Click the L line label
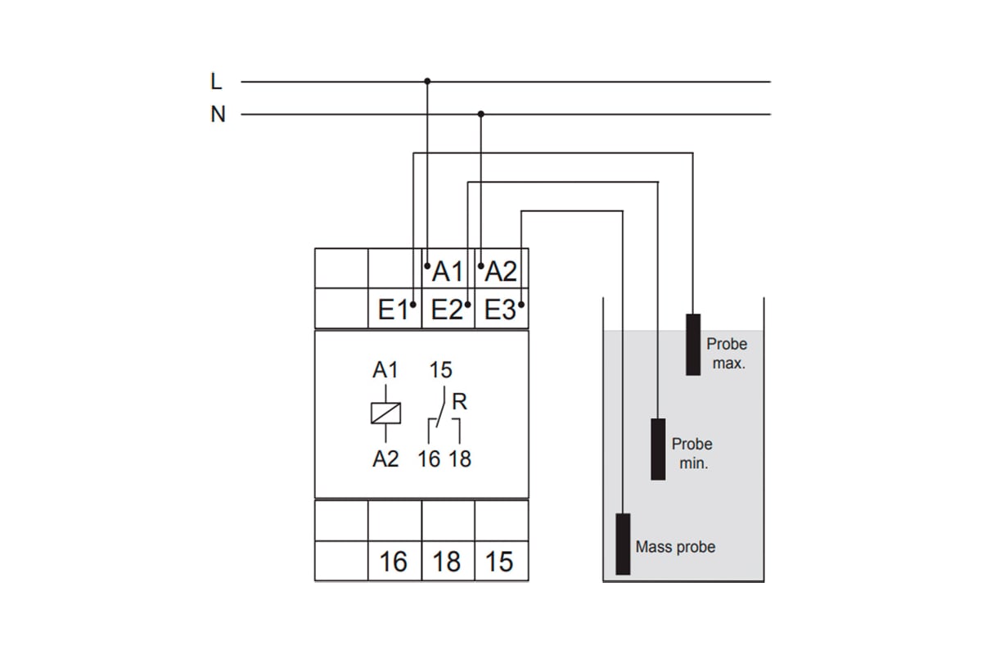click(x=216, y=82)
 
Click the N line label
click(x=218, y=115)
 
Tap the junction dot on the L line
click(x=427, y=81)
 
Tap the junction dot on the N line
click(x=481, y=114)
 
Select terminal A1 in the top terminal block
click(x=448, y=270)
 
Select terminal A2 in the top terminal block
click(x=501, y=270)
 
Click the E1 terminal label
click(x=394, y=310)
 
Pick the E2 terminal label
click(x=447, y=310)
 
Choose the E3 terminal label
click(x=500, y=310)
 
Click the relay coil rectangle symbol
click(x=385, y=413)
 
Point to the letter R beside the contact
click(x=459, y=402)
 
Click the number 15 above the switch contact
click(x=440, y=370)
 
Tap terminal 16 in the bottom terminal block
click(x=394, y=562)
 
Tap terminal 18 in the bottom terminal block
click(x=447, y=562)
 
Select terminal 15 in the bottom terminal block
click(x=499, y=562)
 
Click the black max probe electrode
click(x=693, y=345)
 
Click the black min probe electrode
click(x=658, y=449)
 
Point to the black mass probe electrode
click(x=623, y=544)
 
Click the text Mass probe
click(x=675, y=547)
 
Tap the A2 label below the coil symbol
click(x=385, y=459)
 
